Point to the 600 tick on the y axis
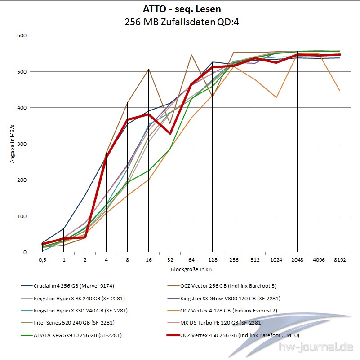coord(21,35)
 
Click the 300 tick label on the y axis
coord(21,144)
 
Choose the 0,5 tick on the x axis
coord(42,260)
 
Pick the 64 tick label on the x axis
coord(191,260)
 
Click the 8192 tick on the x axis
coord(340,260)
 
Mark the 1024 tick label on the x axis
coord(276,260)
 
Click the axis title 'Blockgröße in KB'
coord(191,269)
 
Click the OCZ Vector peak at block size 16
coord(149,69)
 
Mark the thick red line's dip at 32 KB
coord(170,133)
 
